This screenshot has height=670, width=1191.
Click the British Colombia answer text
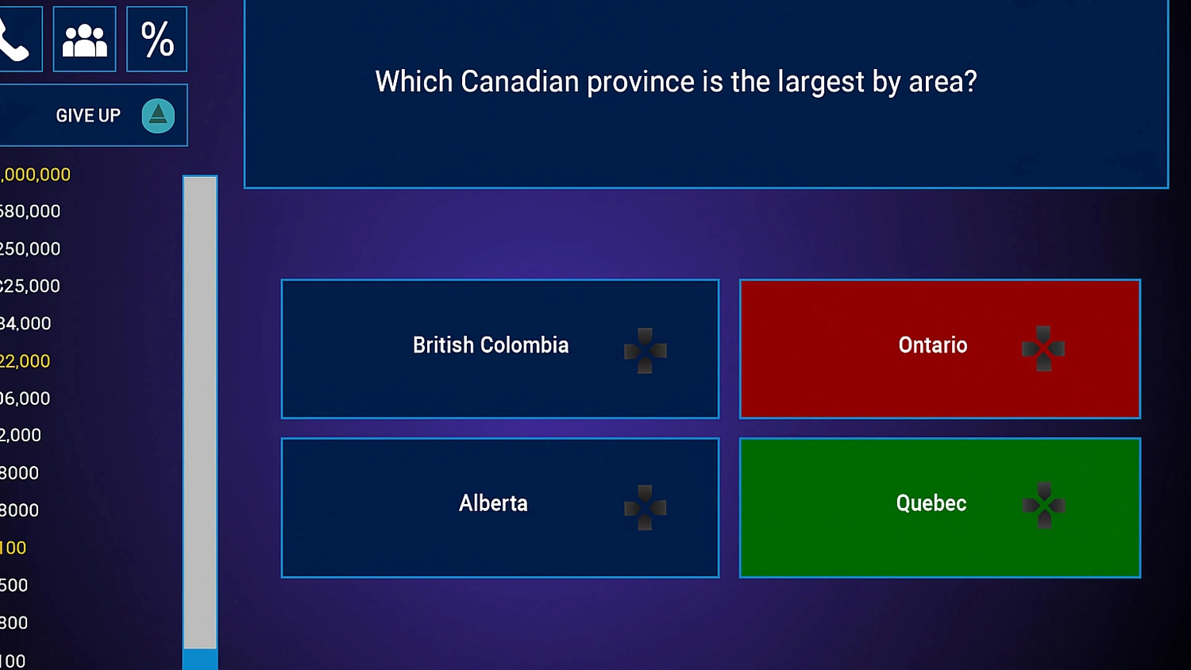point(491,345)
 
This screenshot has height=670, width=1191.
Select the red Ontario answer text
point(933,345)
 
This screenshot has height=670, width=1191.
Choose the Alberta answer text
point(493,503)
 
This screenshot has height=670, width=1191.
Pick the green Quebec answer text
point(931,503)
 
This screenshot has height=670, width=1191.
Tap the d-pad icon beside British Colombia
point(646,350)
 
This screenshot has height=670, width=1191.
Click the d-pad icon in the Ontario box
point(1043,348)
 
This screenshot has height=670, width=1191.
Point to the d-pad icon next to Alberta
point(646,507)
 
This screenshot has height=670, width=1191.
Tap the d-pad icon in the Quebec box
point(1044,506)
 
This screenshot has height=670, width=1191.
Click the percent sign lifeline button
point(157,39)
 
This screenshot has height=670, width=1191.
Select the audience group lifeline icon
point(84,40)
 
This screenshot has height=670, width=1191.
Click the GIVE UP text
point(88,116)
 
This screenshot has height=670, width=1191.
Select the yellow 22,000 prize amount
point(25,361)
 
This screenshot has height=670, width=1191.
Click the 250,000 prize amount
point(29,249)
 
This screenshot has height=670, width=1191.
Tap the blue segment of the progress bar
point(200,659)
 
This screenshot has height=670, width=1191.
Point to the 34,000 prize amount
point(25,324)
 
